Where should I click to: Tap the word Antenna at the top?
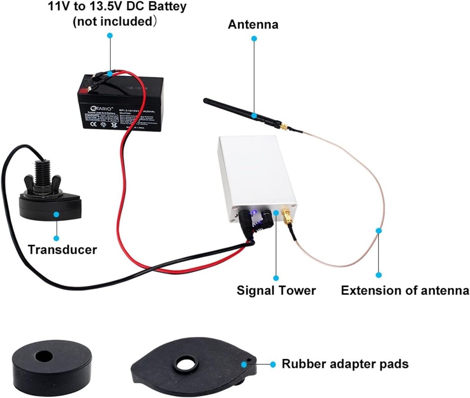pos(253,25)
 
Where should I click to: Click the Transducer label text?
pos(62,250)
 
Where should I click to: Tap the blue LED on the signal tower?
pos(254,212)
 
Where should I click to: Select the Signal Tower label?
pos(276,290)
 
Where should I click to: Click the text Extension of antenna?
pos(405,290)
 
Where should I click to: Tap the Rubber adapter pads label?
pos(345,364)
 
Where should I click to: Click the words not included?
pos(113,21)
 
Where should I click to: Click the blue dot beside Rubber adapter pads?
pos(273,364)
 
